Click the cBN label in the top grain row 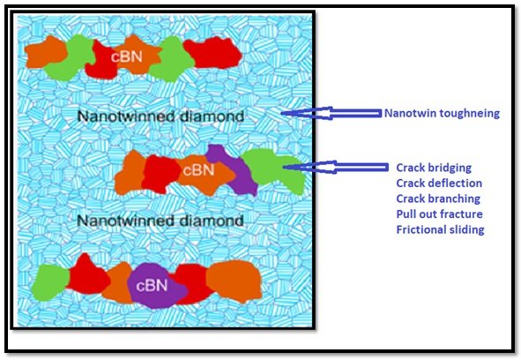pos(127,56)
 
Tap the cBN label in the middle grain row pos(198,170)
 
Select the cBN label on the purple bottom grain pos(152,286)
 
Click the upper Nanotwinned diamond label pos(160,116)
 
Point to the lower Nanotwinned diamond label pos(160,221)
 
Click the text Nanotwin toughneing pos(442,113)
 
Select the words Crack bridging pos(434,168)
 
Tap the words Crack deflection pos(439,183)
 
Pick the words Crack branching pos(438,199)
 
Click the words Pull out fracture pos(439,214)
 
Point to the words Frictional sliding pos(440,229)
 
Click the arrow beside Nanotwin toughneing pos(331,113)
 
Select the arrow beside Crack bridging pos(336,167)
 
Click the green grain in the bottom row pos(50,283)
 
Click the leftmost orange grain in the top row pos(47,53)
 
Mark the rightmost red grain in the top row pos(213,53)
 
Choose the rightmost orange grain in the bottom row pos(234,281)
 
